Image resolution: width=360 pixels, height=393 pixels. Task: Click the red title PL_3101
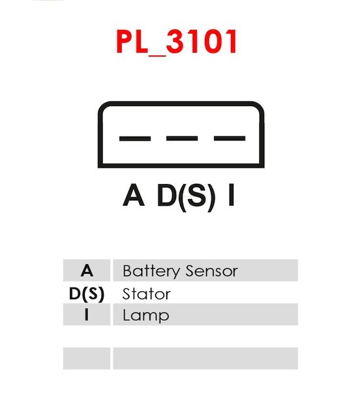(x=176, y=42)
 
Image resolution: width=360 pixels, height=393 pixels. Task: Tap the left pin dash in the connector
(x=135, y=139)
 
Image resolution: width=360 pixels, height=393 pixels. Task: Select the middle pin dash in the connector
(x=182, y=138)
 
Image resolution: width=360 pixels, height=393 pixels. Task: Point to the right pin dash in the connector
(x=230, y=138)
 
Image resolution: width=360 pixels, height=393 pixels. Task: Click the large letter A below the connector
(x=134, y=195)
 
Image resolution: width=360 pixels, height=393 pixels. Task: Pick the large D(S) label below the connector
(x=186, y=197)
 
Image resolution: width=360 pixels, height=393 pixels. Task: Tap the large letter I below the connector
(x=231, y=195)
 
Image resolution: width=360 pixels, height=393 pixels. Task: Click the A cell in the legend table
(x=86, y=271)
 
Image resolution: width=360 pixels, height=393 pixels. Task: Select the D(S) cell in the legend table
(x=86, y=293)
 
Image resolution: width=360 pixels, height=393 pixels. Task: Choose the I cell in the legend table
(x=86, y=314)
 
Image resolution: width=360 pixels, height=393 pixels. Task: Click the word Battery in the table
(x=151, y=271)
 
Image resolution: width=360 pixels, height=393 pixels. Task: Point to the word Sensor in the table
(x=211, y=271)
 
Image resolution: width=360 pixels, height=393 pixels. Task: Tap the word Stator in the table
(x=147, y=293)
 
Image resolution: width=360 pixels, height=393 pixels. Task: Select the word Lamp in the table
(x=146, y=316)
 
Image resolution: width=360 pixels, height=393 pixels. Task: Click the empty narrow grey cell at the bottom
(x=86, y=358)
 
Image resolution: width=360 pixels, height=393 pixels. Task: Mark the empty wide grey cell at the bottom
(x=206, y=358)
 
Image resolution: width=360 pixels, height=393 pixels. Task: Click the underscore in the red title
(x=157, y=55)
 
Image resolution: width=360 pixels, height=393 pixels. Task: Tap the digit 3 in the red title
(x=175, y=42)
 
